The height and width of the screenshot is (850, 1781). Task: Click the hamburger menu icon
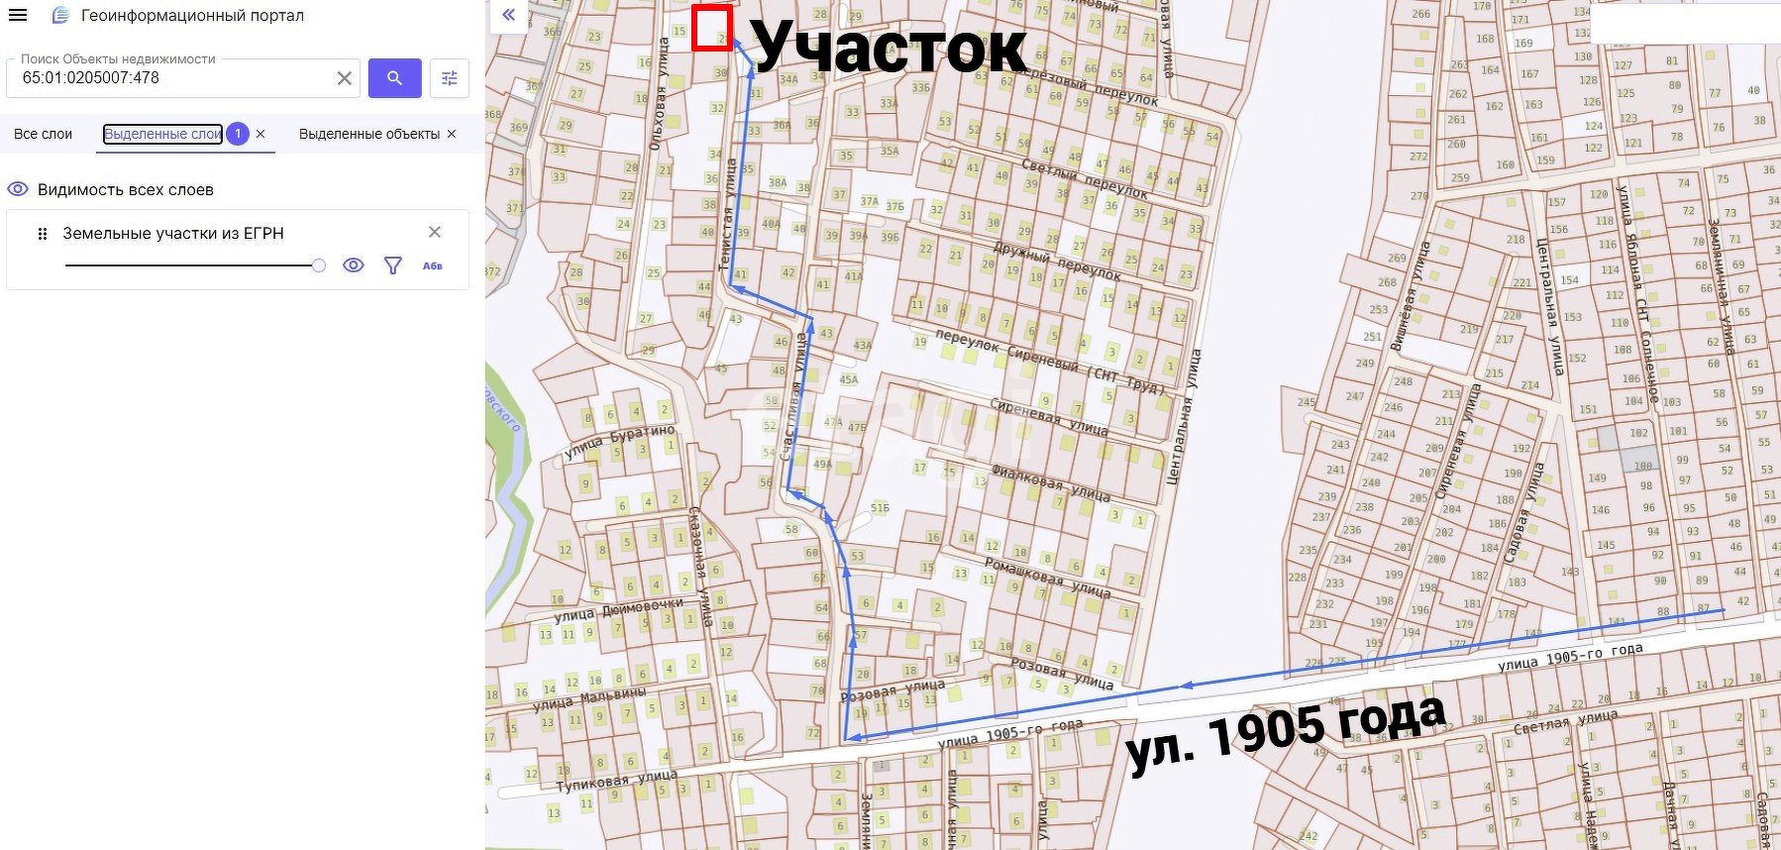(18, 16)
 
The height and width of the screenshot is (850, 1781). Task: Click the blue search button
(394, 78)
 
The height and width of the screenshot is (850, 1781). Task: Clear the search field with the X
(344, 78)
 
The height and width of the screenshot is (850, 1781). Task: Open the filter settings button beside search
(449, 78)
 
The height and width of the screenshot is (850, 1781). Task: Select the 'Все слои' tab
(43, 134)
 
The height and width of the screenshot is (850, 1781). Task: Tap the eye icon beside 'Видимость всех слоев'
(17, 189)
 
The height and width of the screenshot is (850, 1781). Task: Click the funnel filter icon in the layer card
(392, 266)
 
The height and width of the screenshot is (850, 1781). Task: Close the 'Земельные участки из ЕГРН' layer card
(434, 232)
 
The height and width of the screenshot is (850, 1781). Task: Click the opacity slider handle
(318, 266)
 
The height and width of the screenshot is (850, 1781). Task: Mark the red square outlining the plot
(712, 28)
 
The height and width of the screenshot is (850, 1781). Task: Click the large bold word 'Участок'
(888, 47)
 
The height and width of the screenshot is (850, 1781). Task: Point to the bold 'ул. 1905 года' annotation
(1286, 733)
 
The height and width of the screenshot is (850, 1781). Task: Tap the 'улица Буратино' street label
(619, 441)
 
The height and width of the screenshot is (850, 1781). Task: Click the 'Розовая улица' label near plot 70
(892, 690)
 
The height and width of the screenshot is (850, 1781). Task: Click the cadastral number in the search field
(91, 78)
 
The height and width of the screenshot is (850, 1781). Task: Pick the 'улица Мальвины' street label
(588, 697)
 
